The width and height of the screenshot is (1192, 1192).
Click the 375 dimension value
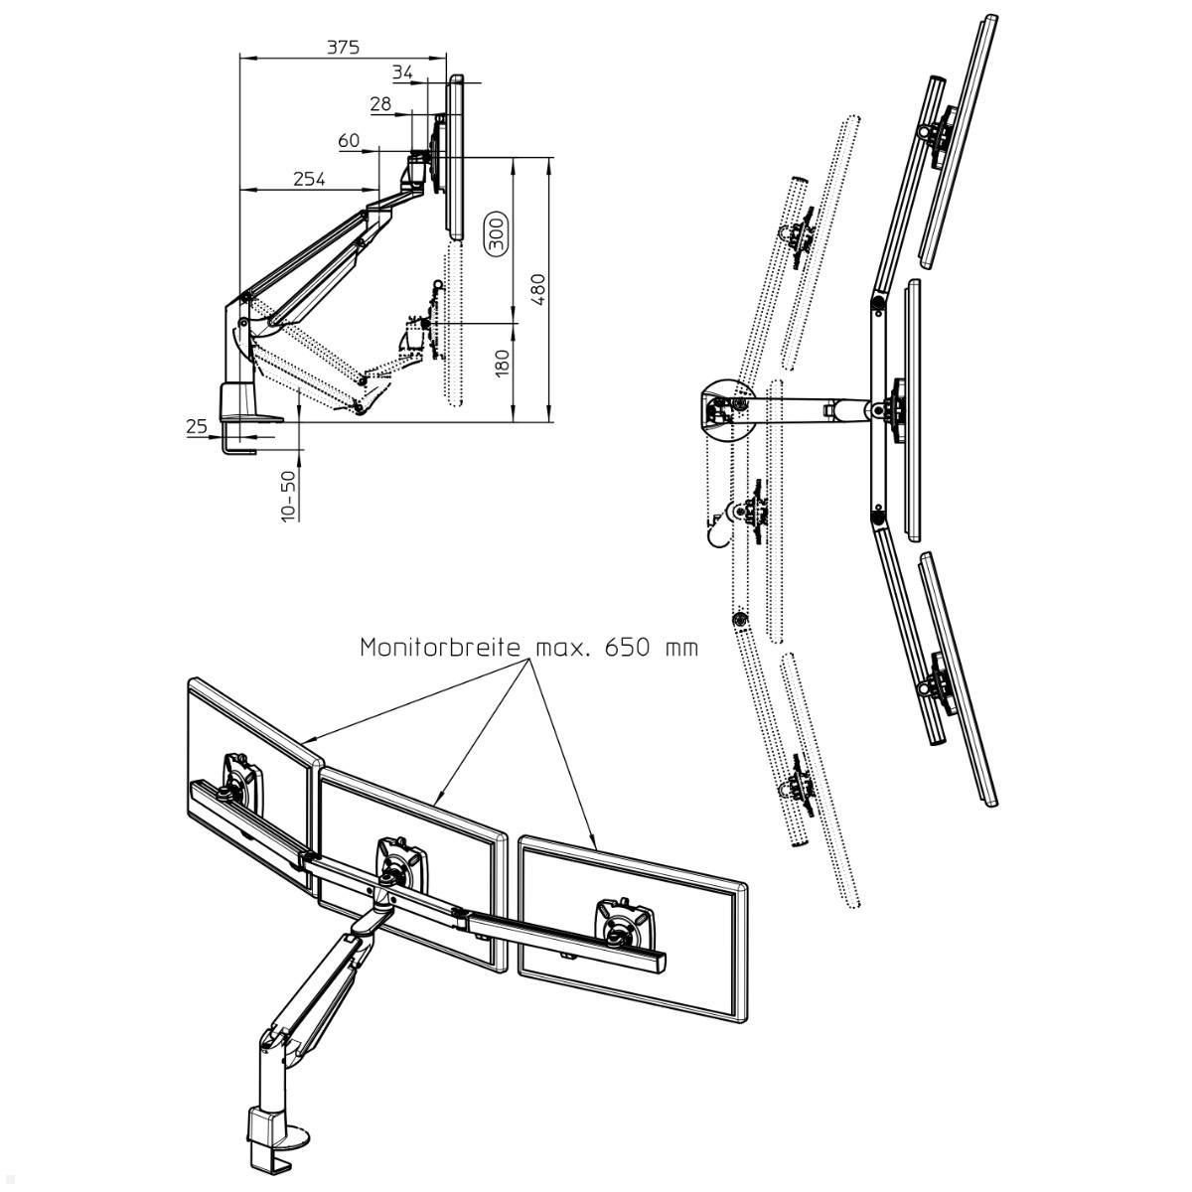click(x=342, y=47)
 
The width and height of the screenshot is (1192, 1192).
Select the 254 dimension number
click(x=309, y=179)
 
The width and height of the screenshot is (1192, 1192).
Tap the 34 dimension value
click(x=402, y=73)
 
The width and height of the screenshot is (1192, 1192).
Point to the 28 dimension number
click(x=380, y=104)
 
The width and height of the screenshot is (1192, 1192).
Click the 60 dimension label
click(x=349, y=141)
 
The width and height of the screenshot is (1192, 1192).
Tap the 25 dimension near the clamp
click(x=197, y=427)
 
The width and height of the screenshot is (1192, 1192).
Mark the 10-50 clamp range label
click(x=288, y=495)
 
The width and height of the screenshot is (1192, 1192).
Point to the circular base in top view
click(x=726, y=407)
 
